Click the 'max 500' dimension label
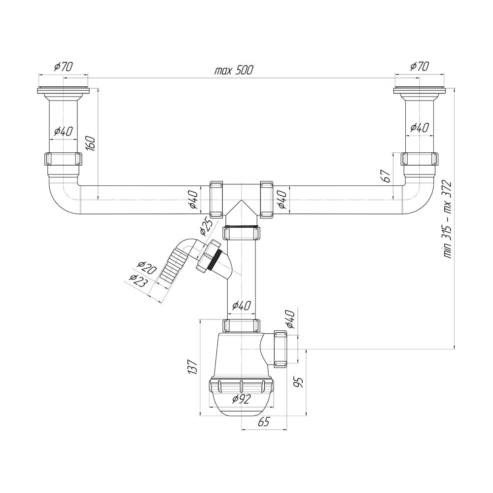[x=233, y=70]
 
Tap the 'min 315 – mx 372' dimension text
[x=447, y=219]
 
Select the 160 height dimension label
[x=91, y=143]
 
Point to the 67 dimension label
[x=387, y=176]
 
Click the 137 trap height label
[x=192, y=366]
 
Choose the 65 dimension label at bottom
[x=263, y=422]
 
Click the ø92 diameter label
[x=242, y=399]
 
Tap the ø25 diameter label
[x=206, y=226]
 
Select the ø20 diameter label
[x=147, y=268]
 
